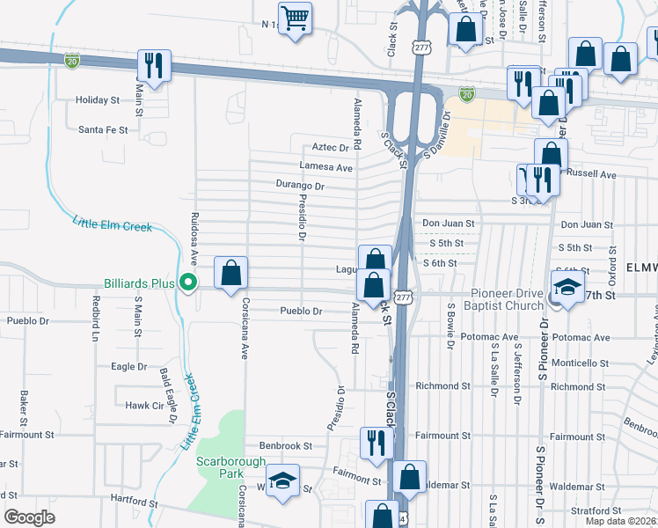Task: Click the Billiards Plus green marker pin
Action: [x=186, y=282]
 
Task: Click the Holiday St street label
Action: [x=97, y=100]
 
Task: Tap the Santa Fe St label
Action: [x=103, y=129]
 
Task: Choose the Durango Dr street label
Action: [x=300, y=187]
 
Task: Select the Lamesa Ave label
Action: [x=325, y=167]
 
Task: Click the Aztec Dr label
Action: [x=331, y=148]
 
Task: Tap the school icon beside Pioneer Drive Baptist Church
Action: [x=567, y=287]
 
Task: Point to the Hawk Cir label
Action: [x=144, y=406]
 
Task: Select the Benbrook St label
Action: [x=285, y=446]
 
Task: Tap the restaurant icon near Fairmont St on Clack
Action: [x=376, y=442]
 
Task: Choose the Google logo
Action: [x=29, y=517]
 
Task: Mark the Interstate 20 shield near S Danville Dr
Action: [x=467, y=92]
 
